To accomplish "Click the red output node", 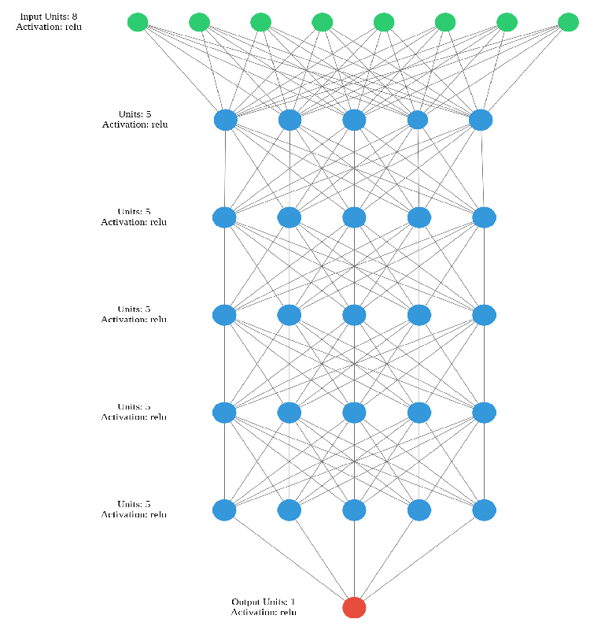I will [x=354, y=607].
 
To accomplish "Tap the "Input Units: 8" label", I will [x=48, y=17].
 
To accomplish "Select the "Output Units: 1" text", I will [x=264, y=602].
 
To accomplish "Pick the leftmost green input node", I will [x=138, y=22].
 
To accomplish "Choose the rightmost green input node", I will [x=568, y=22].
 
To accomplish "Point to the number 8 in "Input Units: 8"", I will [x=74, y=17].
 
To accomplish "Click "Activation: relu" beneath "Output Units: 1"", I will [x=264, y=612].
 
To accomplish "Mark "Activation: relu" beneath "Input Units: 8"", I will [x=48, y=27].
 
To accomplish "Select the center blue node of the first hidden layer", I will [x=354, y=120].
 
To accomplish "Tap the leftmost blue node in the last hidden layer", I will [x=224, y=510].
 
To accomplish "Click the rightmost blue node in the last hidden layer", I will [x=484, y=510].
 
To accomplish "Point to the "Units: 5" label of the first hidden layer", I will [x=135, y=114].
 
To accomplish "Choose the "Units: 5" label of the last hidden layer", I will [x=134, y=504].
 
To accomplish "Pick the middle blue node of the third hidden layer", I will [x=354, y=315].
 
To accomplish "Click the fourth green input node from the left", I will [x=322, y=22].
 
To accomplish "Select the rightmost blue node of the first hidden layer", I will [x=481, y=120].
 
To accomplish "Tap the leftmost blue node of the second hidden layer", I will [x=224, y=217].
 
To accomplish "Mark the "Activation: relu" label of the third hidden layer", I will [x=134, y=320].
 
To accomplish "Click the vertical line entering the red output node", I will [x=354, y=559].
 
